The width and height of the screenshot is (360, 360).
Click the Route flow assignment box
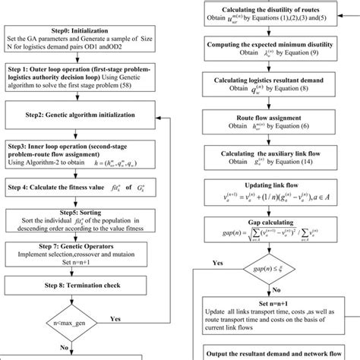[273, 123]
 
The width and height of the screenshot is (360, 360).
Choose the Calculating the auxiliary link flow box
[273, 156]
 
